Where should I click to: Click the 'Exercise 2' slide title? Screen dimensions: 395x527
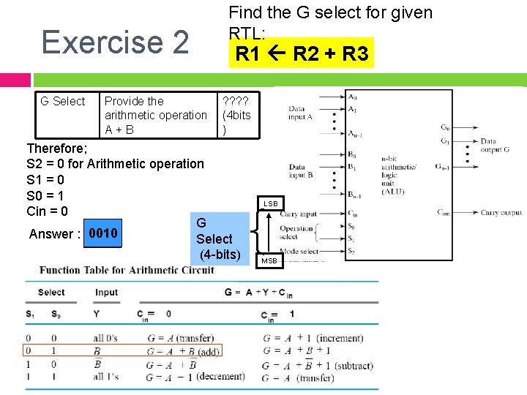click(115, 42)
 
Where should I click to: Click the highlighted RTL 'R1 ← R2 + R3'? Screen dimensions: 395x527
click(302, 54)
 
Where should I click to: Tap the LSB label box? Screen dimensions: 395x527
click(271, 203)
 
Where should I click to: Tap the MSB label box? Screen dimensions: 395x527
click(269, 260)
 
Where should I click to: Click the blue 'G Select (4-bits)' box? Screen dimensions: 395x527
click(218, 238)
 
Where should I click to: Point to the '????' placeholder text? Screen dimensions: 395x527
click(236, 101)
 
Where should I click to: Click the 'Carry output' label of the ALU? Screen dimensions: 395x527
click(501, 213)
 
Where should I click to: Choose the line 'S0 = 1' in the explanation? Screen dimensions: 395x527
click(45, 195)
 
